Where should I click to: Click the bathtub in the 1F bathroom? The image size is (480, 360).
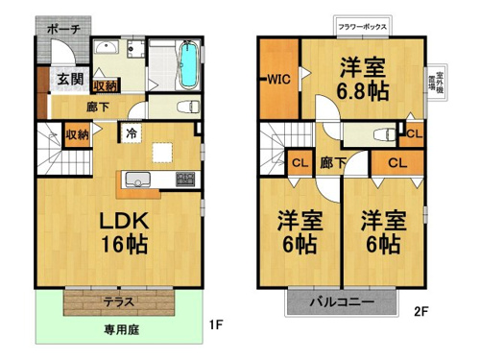pyautogui.click(x=188, y=64)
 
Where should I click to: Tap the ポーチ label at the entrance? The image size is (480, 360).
pyautogui.click(x=63, y=30)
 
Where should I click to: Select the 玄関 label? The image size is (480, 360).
pyautogui.click(x=70, y=79)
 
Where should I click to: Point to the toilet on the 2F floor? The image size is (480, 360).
pyautogui.click(x=385, y=134)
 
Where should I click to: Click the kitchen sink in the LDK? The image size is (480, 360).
pyautogui.click(x=138, y=180)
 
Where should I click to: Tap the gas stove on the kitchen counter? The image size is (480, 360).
pyautogui.click(x=185, y=180)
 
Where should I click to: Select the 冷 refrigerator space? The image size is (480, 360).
pyautogui.click(x=132, y=133)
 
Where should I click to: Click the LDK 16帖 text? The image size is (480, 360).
pyautogui.click(x=124, y=232)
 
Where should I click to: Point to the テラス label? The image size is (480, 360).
pyautogui.click(x=118, y=301)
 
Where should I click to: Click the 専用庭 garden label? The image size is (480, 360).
pyautogui.click(x=121, y=329)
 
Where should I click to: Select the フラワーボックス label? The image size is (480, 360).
pyautogui.click(x=363, y=27)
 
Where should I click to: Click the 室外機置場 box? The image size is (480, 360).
pyautogui.click(x=437, y=83)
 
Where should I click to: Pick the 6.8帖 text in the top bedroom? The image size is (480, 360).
pyautogui.click(x=363, y=91)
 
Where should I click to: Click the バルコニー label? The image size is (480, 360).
pyautogui.click(x=342, y=301)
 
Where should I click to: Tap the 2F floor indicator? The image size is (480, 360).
pyautogui.click(x=421, y=311)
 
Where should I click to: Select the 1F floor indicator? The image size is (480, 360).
pyautogui.click(x=216, y=325)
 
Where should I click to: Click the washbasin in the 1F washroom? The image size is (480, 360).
pyautogui.click(x=107, y=48)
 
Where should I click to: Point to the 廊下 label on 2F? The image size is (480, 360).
pyautogui.click(x=333, y=163)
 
